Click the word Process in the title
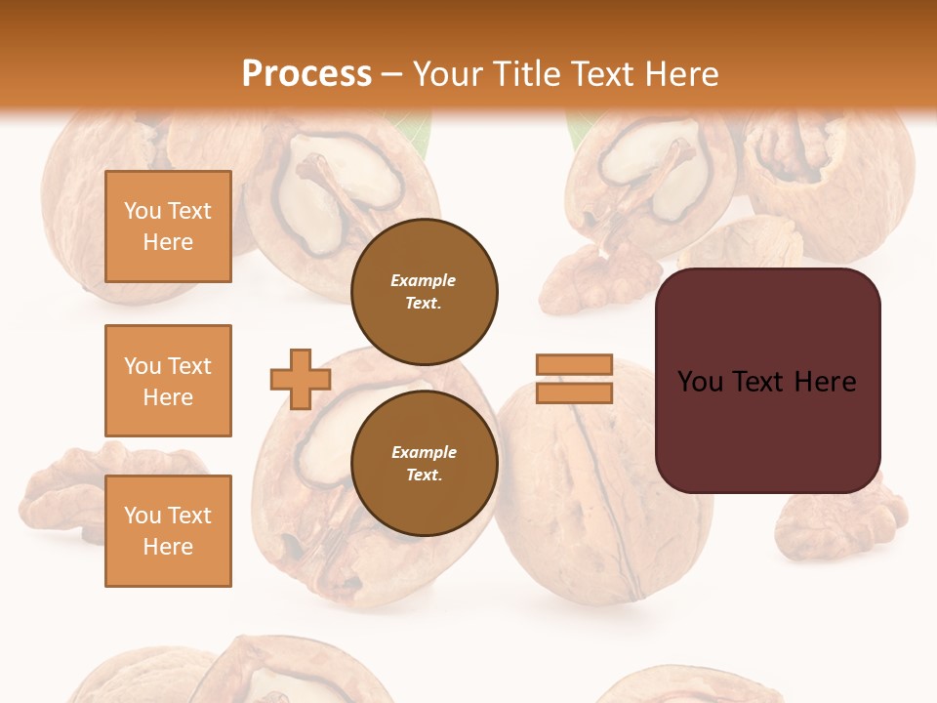[x=306, y=74]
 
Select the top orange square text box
[x=168, y=227]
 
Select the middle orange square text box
[x=168, y=381]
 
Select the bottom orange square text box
[x=168, y=531]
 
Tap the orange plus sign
[x=301, y=379]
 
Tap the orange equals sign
[x=574, y=379]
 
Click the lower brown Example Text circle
[x=425, y=464]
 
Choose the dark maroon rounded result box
[x=767, y=381]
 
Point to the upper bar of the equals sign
[x=574, y=365]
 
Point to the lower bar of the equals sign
[x=574, y=393]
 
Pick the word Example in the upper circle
[x=424, y=280]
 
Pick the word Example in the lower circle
[x=424, y=452]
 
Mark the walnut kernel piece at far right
[x=839, y=517]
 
